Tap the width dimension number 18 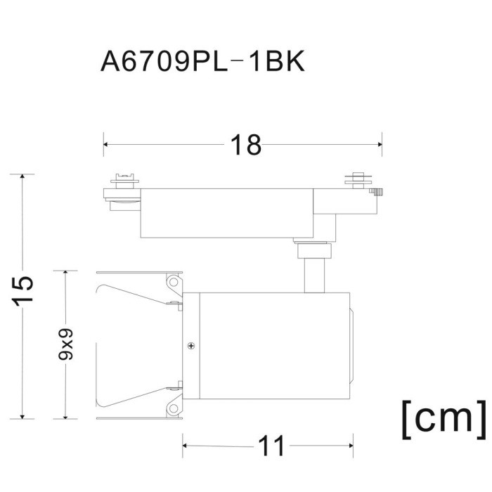(x=245, y=145)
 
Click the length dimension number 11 (x=271, y=446)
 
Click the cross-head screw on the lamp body (x=191, y=345)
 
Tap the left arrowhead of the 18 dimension (x=106, y=145)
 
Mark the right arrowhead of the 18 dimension (x=380, y=145)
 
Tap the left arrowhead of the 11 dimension (x=186, y=446)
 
